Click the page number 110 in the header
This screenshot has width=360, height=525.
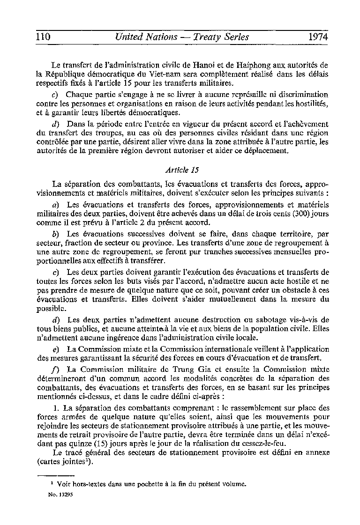tap(43, 37)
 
